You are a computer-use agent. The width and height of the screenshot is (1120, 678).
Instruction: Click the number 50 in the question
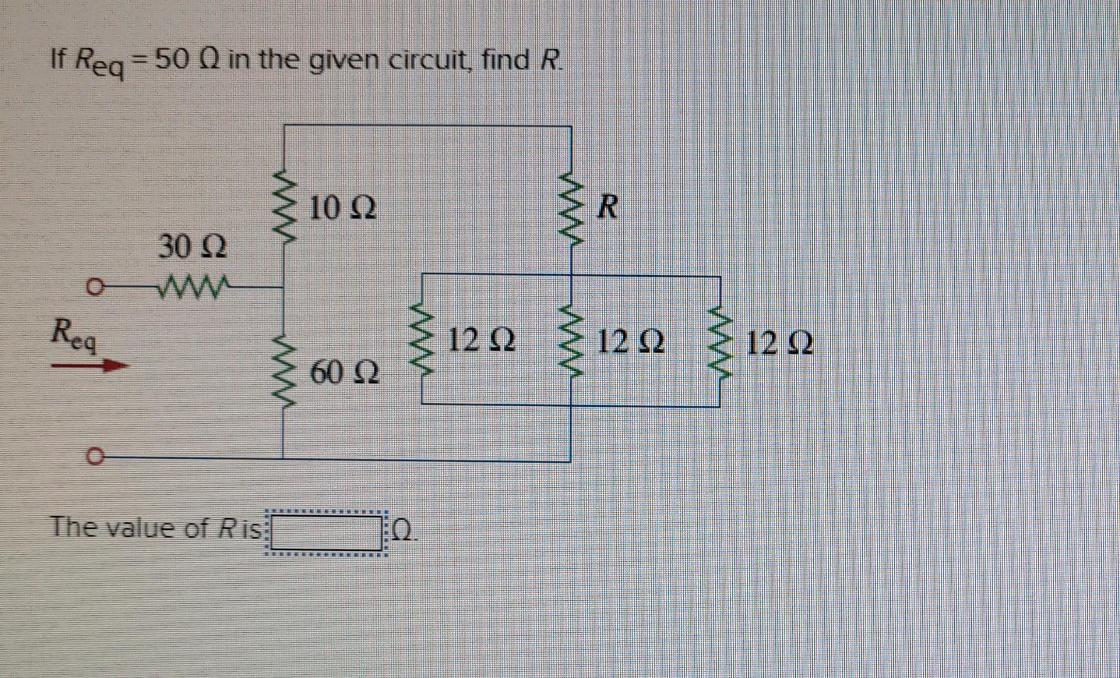tap(170, 60)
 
